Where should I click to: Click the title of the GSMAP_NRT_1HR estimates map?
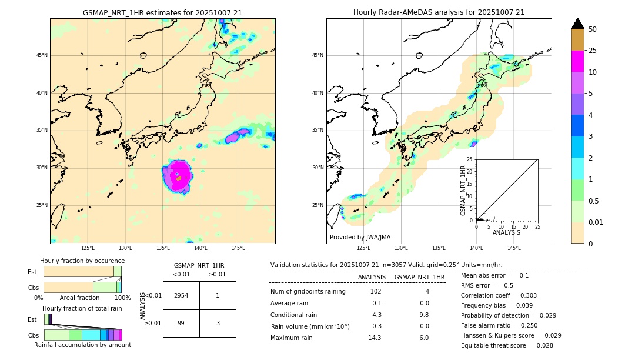coord(162,12)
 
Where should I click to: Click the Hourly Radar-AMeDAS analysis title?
coord(439,12)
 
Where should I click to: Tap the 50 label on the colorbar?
coord(593,29)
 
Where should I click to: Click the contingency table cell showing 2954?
coord(181,295)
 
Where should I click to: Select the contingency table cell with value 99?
coord(181,323)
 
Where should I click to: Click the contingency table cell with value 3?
coord(217,323)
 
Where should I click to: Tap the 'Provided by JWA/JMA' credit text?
coord(360,237)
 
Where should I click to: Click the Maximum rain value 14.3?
coord(375,338)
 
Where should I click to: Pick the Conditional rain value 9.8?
coord(424,315)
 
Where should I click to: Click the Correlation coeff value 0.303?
coord(524,295)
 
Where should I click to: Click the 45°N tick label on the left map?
coord(42,55)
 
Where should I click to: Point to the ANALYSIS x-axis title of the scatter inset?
coord(506,232)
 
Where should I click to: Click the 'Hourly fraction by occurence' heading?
coord(82,261)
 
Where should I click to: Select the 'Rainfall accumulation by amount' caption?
coord(82,345)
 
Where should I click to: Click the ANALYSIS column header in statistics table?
coord(372,277)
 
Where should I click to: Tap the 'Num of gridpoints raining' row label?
coord(308,292)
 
